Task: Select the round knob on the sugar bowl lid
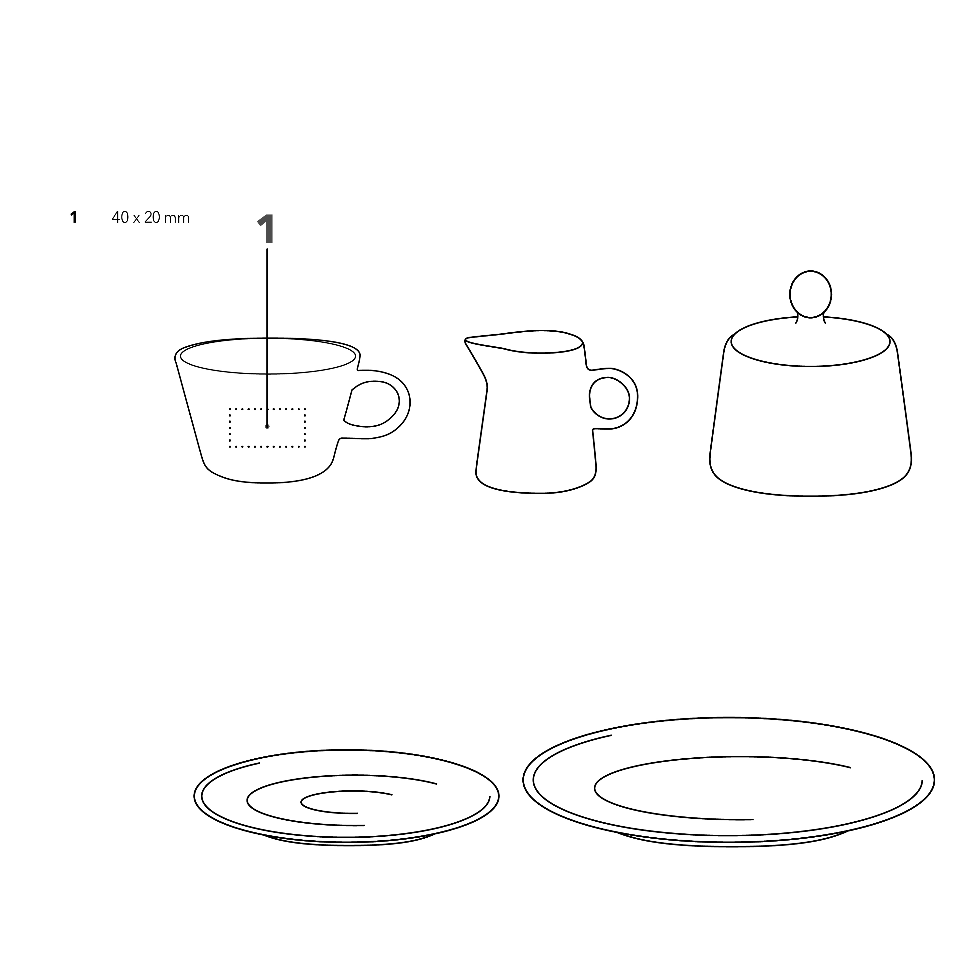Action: pyautogui.click(x=810, y=295)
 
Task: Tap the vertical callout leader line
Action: pyautogui.click(x=267, y=337)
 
